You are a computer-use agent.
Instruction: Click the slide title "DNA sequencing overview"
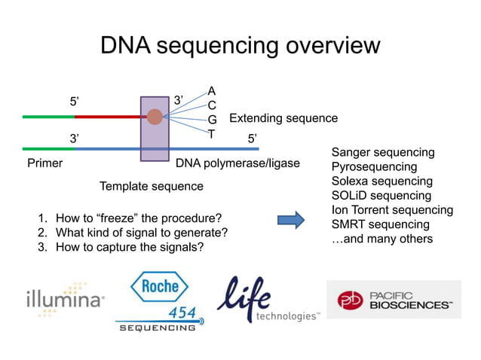point(240,46)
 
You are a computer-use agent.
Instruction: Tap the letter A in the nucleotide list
point(212,91)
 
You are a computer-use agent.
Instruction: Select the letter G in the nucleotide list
point(212,120)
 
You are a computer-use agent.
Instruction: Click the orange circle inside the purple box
point(155,117)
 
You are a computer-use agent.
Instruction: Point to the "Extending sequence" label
point(283,118)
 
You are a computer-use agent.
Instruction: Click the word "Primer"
point(44,163)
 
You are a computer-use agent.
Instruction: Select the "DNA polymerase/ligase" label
point(237,163)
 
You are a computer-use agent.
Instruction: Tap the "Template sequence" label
point(152,186)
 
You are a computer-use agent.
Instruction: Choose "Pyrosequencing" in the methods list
point(374,167)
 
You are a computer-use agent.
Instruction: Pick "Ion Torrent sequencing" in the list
point(392,210)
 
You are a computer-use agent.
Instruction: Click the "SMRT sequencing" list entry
point(380,224)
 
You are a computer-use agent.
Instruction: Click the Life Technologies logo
point(268,301)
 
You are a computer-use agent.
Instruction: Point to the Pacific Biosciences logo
point(393,299)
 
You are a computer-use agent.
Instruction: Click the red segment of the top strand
point(109,117)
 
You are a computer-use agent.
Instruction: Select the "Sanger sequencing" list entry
point(383,153)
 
